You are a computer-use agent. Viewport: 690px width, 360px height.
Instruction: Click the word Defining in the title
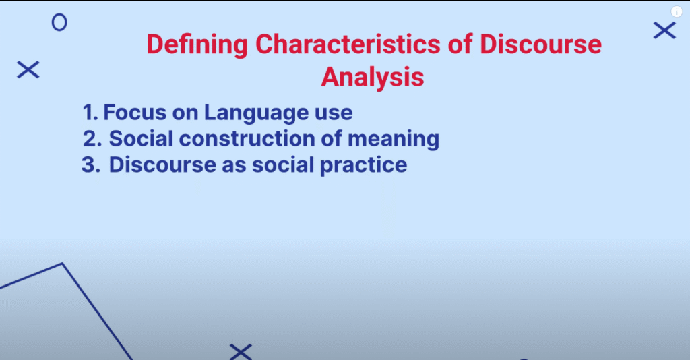(197, 45)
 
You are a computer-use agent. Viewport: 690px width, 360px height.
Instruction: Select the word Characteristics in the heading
(348, 44)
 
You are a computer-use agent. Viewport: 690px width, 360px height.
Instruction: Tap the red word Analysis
(372, 78)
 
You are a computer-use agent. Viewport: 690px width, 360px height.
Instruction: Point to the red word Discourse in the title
(540, 44)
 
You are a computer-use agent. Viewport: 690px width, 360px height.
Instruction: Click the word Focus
(135, 112)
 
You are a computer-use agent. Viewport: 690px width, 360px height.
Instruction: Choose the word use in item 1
(334, 114)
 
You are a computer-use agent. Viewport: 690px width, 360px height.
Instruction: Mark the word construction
(247, 139)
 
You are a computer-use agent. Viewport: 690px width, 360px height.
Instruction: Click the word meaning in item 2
(394, 140)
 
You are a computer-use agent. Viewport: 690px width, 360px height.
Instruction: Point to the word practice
(363, 167)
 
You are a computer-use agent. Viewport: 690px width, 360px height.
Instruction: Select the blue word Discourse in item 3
(162, 165)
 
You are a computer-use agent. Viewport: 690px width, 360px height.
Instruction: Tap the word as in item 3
(234, 167)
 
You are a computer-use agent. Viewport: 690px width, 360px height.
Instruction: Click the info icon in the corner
(677, 11)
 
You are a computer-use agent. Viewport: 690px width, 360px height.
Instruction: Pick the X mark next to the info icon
(664, 30)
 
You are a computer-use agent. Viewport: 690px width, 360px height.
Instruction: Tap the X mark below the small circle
(28, 69)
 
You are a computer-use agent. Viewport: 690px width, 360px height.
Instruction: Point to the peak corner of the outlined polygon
(63, 264)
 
